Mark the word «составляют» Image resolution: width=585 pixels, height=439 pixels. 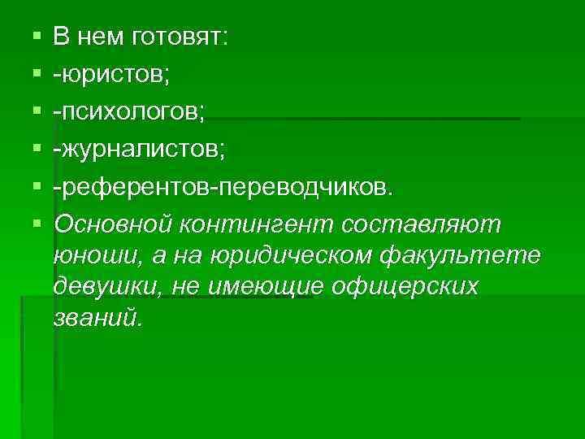422,224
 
